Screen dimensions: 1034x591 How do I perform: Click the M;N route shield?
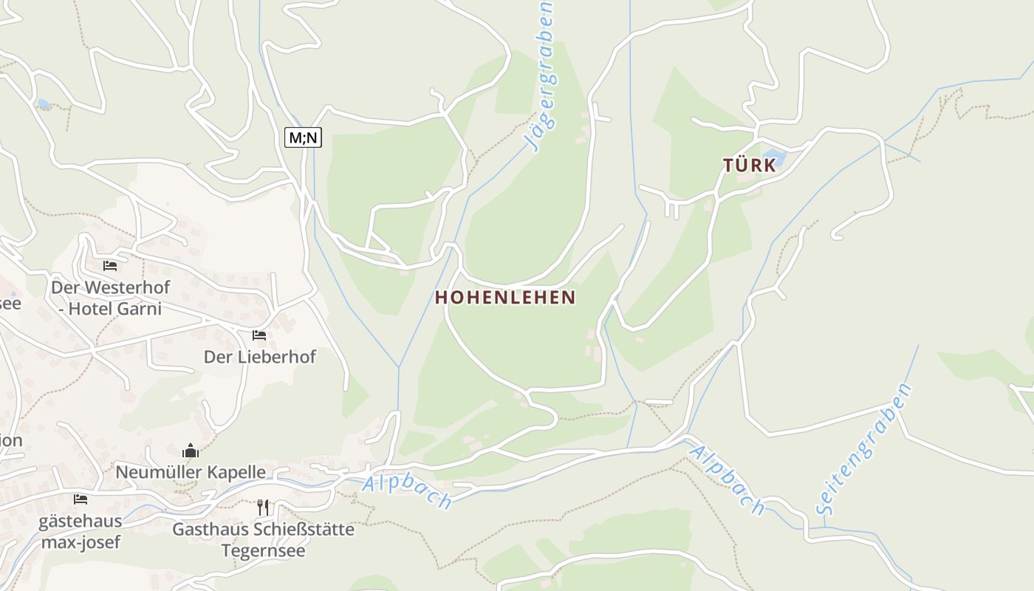click(x=303, y=137)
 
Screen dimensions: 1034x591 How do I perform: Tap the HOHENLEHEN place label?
click(x=505, y=297)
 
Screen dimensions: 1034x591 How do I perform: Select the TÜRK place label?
click(x=750, y=165)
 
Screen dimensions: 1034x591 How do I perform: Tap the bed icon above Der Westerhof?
click(x=110, y=266)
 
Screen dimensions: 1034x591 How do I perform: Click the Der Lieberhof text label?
click(x=260, y=357)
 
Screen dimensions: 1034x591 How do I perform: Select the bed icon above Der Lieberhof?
click(x=259, y=335)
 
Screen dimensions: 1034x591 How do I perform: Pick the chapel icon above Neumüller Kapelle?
click(x=191, y=450)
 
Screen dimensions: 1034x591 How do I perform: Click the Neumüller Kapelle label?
click(x=191, y=471)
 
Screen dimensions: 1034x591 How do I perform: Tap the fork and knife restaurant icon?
click(x=263, y=508)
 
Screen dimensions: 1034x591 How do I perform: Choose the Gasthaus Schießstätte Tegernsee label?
click(x=263, y=540)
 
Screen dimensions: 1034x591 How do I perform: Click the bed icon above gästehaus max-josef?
click(x=81, y=499)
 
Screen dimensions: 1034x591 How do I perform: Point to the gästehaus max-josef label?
click(x=80, y=532)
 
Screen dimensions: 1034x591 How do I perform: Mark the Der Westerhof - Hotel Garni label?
click(x=110, y=298)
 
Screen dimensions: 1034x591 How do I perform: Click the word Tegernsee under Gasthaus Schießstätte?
click(x=263, y=551)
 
